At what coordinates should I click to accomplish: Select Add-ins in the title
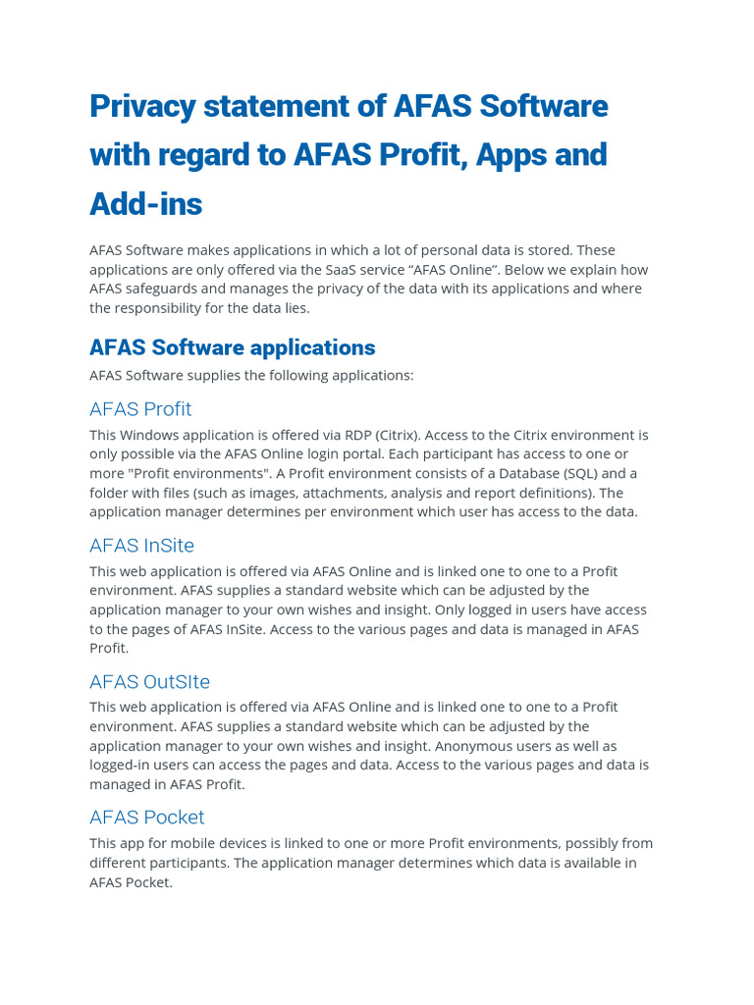click(145, 204)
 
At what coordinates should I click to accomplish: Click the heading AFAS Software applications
click(232, 347)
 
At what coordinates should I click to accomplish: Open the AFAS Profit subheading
click(140, 409)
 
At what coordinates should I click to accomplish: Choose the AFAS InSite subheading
click(141, 546)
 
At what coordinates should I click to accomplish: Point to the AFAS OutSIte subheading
click(149, 682)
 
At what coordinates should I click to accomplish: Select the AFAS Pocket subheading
click(146, 818)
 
